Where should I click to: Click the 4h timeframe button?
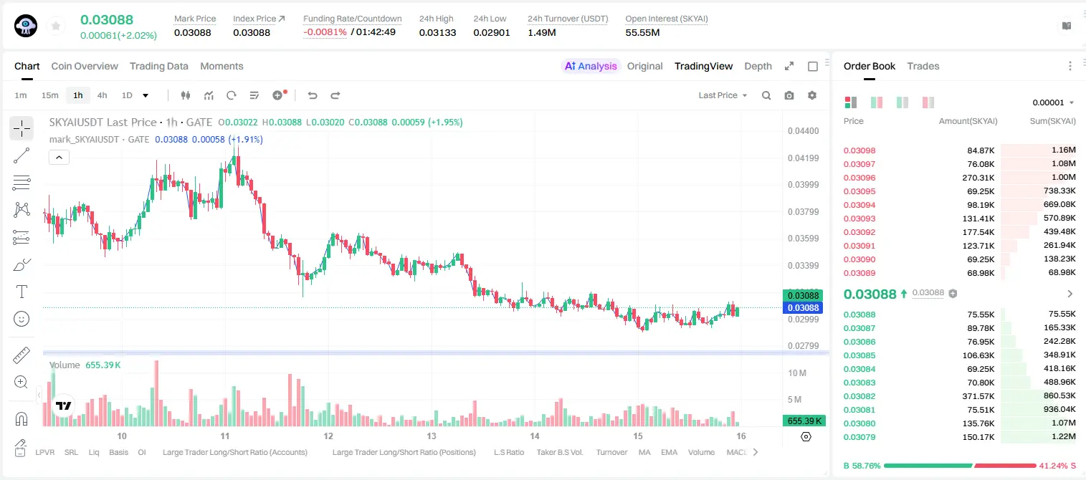102,95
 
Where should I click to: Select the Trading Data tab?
158,66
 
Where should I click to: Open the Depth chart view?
758,66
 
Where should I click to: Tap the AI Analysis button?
591,66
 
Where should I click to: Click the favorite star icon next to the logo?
56,26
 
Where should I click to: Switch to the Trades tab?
923,66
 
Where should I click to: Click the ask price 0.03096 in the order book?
859,178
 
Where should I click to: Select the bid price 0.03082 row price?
859,396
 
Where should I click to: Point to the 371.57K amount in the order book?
978,396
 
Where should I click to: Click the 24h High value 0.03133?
437,32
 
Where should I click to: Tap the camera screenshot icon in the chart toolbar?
789,95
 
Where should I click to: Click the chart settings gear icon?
812,95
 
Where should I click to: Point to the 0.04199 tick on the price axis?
804,158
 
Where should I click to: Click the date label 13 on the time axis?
432,436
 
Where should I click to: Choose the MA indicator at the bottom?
644,452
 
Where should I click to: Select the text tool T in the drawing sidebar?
22,292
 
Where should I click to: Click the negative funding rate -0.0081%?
325,32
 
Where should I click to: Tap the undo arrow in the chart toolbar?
313,95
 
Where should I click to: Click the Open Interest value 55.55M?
642,32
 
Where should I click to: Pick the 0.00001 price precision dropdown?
1053,102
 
